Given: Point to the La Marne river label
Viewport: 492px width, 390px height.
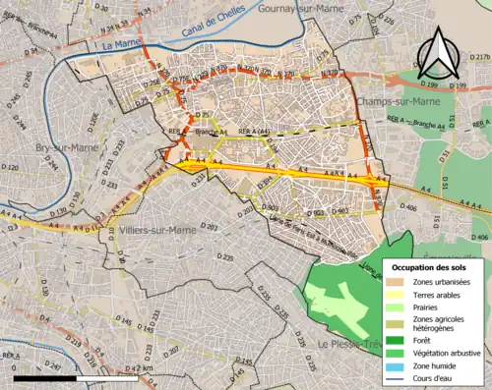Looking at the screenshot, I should tap(121, 45).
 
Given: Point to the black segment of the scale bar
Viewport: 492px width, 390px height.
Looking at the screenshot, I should tap(47, 377).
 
